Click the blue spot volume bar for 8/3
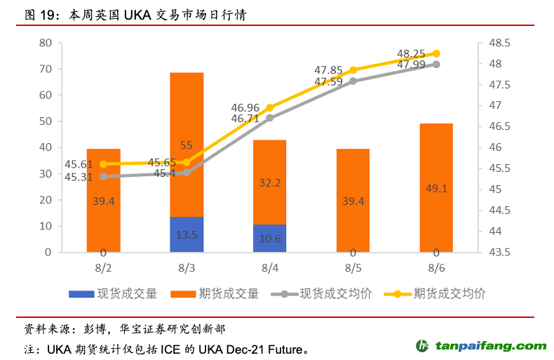pyautogui.click(x=187, y=234)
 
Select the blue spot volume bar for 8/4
pyautogui.click(x=270, y=238)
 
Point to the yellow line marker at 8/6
pyautogui.click(x=436, y=53)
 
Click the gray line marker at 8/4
pyautogui.click(x=270, y=117)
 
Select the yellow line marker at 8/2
pyautogui.click(x=104, y=164)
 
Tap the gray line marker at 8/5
pyautogui.click(x=353, y=81)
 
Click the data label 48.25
pyautogui.click(x=411, y=53)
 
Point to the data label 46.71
pyautogui.click(x=245, y=119)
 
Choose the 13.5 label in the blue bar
pyautogui.click(x=187, y=235)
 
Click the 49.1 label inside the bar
pyautogui.click(x=436, y=188)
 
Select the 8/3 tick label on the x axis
pyautogui.click(x=187, y=268)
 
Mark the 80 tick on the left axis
pyautogui.click(x=46, y=43)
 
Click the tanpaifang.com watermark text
pyautogui.click(x=491, y=346)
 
